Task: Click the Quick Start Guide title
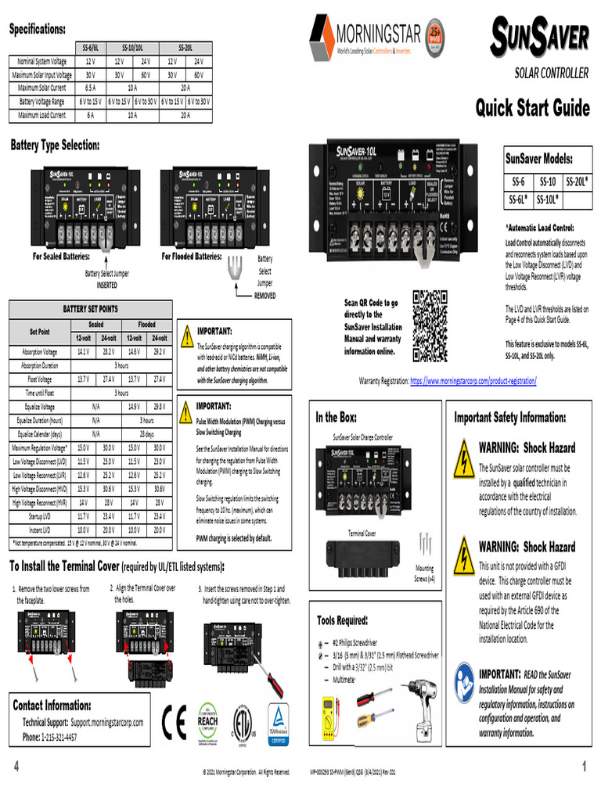[x=532, y=107]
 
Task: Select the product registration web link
[x=473, y=381]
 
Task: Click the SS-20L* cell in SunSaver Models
[x=577, y=182]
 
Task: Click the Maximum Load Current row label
[x=41, y=115]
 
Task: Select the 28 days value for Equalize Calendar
[x=146, y=433]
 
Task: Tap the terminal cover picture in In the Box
[x=363, y=555]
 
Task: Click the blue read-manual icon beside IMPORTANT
[x=464, y=678]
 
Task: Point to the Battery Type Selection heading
[x=55, y=145]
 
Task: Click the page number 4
[x=16, y=767]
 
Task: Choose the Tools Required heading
[x=342, y=620]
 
